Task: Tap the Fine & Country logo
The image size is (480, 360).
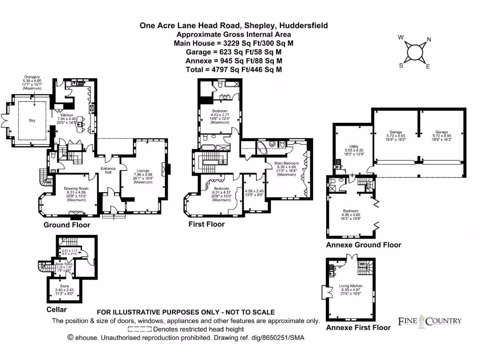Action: (430, 321)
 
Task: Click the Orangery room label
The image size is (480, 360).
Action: (32, 77)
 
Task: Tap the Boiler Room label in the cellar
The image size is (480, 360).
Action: (65, 264)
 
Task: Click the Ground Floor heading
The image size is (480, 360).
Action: (67, 225)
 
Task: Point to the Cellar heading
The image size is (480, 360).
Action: (57, 310)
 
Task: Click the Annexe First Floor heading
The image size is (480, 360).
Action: (358, 328)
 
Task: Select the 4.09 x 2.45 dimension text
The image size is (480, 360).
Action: (255, 191)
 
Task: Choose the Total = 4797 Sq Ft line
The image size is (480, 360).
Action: (234, 69)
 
